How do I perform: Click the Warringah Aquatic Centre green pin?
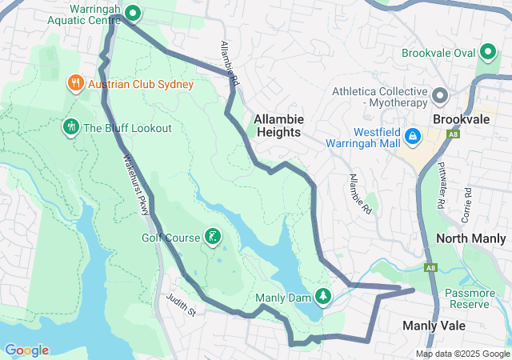[x=134, y=13]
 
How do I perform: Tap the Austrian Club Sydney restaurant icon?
[x=74, y=83]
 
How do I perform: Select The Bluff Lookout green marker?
[x=70, y=127]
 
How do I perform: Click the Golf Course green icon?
[x=212, y=236]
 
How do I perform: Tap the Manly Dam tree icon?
[x=322, y=297]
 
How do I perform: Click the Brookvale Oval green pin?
[x=488, y=54]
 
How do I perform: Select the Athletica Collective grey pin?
[x=439, y=96]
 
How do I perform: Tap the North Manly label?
[x=470, y=238]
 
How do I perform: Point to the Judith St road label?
[x=181, y=305]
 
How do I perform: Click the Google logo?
[x=26, y=350]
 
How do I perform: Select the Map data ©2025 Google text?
[x=462, y=354]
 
